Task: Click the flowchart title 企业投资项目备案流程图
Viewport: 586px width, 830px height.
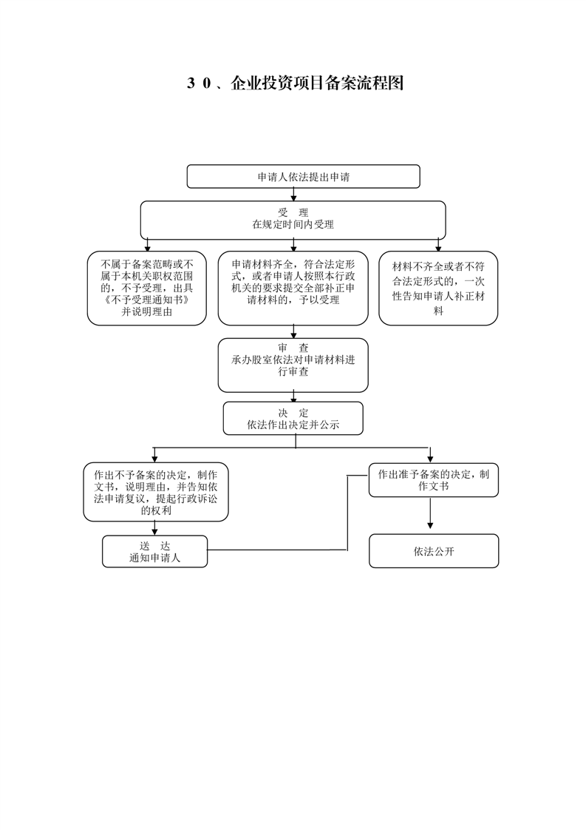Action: click(317, 83)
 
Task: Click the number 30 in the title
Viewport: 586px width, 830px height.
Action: click(200, 84)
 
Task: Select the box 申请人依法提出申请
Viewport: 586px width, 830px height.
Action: click(303, 176)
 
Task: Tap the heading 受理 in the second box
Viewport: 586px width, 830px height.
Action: click(293, 213)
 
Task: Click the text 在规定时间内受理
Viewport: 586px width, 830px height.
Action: click(293, 224)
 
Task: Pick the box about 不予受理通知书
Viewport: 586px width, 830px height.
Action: click(146, 288)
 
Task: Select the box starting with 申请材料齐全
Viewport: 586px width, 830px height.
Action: click(293, 288)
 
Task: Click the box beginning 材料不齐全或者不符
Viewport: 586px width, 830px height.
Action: click(438, 288)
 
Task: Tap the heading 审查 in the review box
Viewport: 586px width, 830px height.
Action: click(293, 348)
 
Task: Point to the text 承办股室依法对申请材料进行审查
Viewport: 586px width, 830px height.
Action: click(293, 365)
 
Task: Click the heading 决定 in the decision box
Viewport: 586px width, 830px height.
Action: click(293, 413)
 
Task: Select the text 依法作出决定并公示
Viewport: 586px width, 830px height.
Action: click(293, 425)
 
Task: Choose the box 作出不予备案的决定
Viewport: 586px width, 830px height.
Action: click(155, 492)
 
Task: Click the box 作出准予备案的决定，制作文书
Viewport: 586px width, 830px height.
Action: click(433, 480)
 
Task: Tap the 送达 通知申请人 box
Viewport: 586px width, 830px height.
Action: click(154, 552)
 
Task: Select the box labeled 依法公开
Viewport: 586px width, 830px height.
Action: click(434, 551)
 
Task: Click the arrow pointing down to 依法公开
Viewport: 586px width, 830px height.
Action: click(430, 513)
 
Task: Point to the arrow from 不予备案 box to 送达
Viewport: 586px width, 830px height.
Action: click(154, 528)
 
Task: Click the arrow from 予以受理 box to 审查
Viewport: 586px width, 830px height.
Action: click(293, 332)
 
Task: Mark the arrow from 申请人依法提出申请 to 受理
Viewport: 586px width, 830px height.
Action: click(293, 195)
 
